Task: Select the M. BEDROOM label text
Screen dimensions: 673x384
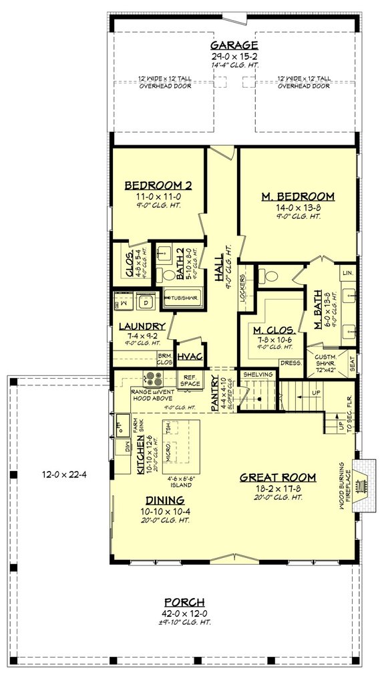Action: pos(297,196)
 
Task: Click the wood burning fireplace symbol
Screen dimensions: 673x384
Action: pos(363,480)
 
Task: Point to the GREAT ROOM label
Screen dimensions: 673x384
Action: pos(278,477)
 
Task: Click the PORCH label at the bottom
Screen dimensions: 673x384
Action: pos(187,602)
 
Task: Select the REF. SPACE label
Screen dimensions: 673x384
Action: pos(190,379)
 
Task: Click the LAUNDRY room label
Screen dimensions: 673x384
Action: pos(142,326)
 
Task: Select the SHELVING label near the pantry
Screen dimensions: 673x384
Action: pos(258,374)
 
